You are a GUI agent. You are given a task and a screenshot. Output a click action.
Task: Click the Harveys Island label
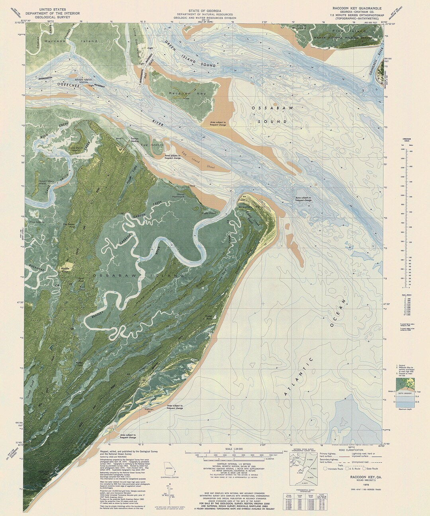click(x=71, y=41)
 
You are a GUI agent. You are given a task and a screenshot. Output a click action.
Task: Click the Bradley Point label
click(x=247, y=207)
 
